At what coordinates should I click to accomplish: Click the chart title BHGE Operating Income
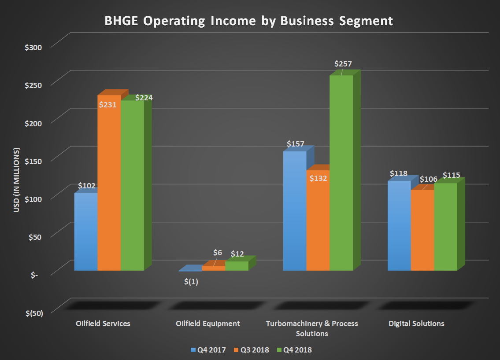(248, 21)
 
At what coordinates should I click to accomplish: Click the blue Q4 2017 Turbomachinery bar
(294, 211)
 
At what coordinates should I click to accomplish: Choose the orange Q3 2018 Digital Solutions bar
(422, 231)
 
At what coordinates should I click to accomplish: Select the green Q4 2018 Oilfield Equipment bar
(237, 266)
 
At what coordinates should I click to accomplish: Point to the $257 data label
(343, 64)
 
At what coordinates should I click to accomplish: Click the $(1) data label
(191, 282)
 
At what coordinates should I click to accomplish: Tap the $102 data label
(87, 186)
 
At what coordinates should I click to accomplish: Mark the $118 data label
(398, 173)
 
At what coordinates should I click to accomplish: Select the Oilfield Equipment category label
(207, 323)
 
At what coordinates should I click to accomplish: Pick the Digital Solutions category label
(416, 323)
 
